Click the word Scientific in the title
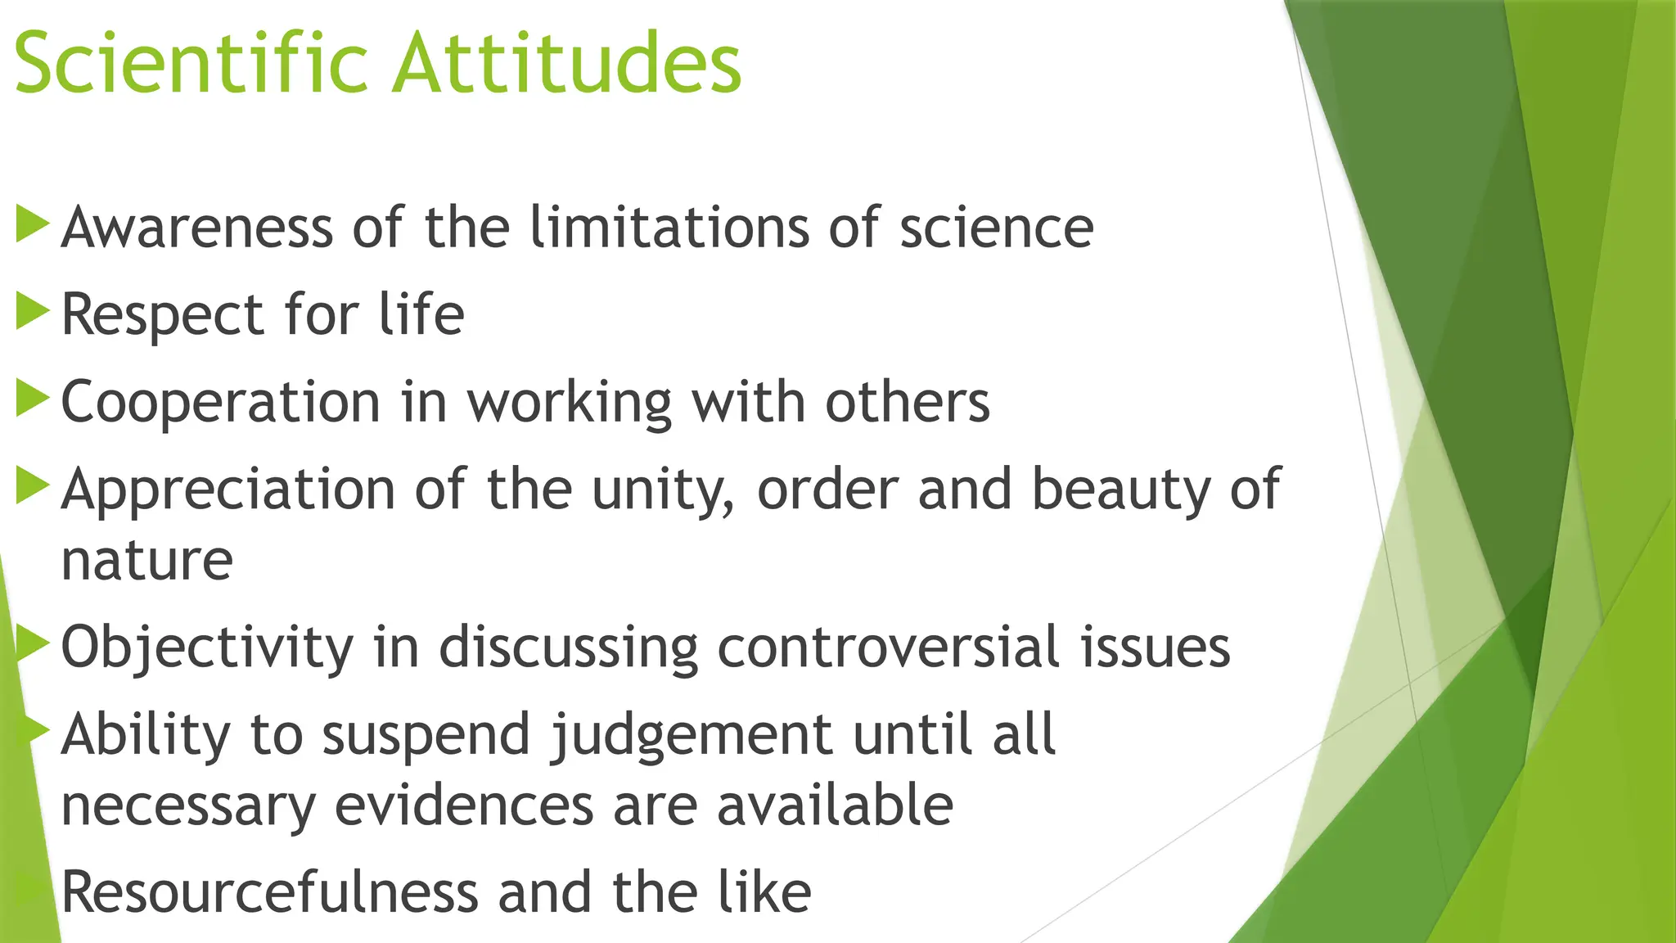pyautogui.click(x=191, y=64)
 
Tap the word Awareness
pyautogui.click(x=197, y=228)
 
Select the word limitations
pyautogui.click(x=669, y=228)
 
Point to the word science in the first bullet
pyautogui.click(x=996, y=229)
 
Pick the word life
pyautogui.click(x=421, y=314)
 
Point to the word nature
pyautogui.click(x=147, y=562)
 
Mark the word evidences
pyautogui.click(x=464, y=805)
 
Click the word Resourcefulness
pyautogui.click(x=269, y=892)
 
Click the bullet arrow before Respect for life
pyautogui.click(x=32, y=313)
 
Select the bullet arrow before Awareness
pyautogui.click(x=32, y=224)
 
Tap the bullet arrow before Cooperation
pyautogui.click(x=32, y=400)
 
